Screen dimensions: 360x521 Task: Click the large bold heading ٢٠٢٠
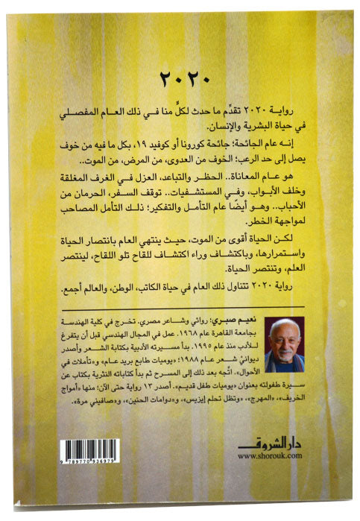181,77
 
